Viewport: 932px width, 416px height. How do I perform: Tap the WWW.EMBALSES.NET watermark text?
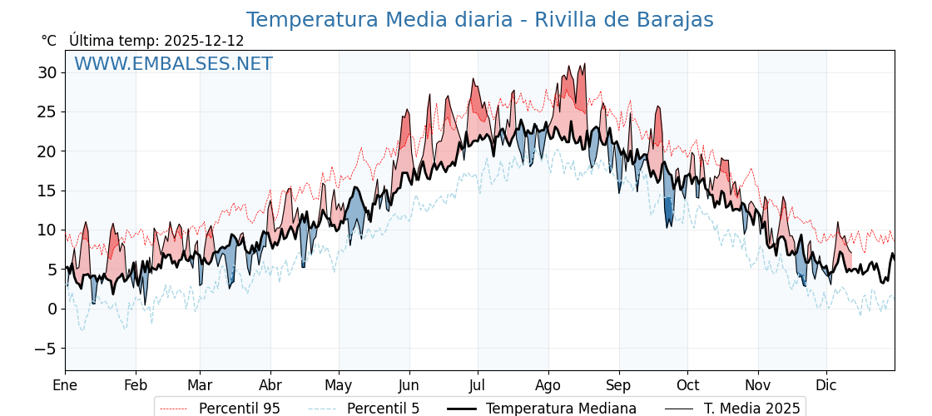(173, 64)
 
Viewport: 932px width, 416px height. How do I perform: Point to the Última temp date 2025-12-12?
(204, 41)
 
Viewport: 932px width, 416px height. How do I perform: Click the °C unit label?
(48, 41)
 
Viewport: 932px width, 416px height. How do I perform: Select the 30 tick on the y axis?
(47, 72)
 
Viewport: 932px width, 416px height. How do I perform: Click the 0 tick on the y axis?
(52, 309)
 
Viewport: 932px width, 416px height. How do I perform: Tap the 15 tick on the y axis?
(47, 191)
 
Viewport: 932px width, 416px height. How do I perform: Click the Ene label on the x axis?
(65, 385)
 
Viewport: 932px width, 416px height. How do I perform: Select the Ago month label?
(548, 385)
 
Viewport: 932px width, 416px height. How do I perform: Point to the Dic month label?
(826, 385)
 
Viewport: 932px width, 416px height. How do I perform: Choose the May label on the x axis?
(339, 385)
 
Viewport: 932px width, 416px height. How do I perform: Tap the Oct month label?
(687, 385)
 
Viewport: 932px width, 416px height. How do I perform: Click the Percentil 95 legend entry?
(239, 409)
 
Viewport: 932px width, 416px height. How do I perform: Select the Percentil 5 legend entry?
(383, 409)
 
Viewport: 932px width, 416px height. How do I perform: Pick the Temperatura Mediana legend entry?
(561, 409)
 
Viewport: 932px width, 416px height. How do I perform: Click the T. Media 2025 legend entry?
(751, 409)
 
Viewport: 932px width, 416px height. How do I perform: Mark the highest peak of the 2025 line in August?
(584, 64)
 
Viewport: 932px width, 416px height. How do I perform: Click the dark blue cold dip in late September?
(668, 213)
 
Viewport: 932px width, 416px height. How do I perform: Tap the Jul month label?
(478, 385)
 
